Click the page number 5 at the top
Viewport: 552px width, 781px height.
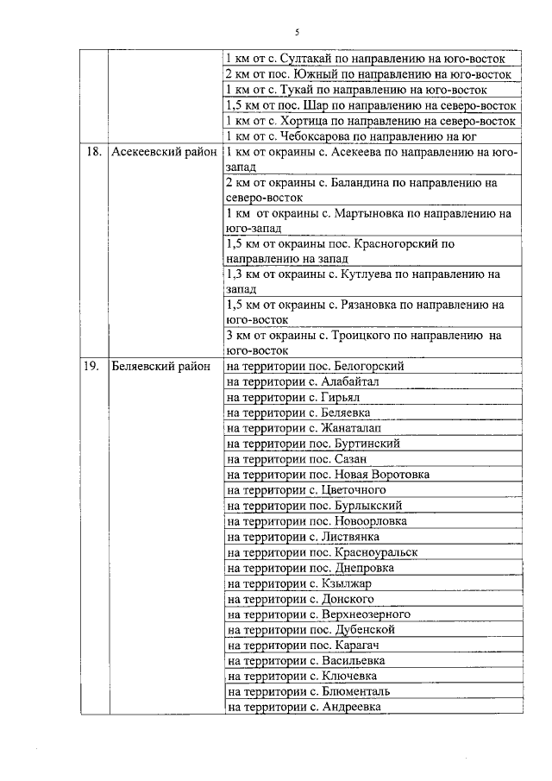296,32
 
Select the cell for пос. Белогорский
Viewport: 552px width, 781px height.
315,366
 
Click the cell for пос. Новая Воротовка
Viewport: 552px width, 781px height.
328,475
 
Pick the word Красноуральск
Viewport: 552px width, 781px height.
376,552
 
